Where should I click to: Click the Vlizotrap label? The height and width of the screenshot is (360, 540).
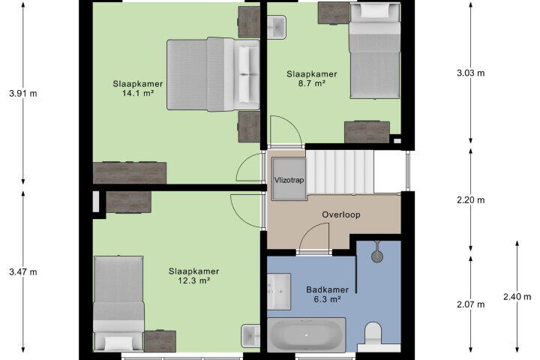pyautogui.click(x=289, y=180)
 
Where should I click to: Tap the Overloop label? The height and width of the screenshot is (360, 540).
pyautogui.click(x=341, y=214)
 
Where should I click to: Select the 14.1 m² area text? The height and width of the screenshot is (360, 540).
pyautogui.click(x=138, y=93)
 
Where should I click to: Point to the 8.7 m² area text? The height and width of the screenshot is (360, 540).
pyautogui.click(x=312, y=83)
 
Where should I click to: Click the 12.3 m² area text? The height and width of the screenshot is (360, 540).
pyautogui.click(x=194, y=280)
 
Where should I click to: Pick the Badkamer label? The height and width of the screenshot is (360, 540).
pyautogui.click(x=327, y=289)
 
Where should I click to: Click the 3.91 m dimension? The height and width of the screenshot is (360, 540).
pyautogui.click(x=23, y=93)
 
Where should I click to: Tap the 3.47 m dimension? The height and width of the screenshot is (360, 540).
pyautogui.click(x=23, y=271)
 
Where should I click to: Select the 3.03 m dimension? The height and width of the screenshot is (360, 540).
pyautogui.click(x=471, y=73)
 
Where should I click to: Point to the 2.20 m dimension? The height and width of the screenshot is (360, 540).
pyautogui.click(x=471, y=199)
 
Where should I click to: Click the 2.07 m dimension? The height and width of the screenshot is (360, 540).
pyautogui.click(x=471, y=304)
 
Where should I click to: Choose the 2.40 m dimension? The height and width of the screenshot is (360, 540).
pyautogui.click(x=517, y=296)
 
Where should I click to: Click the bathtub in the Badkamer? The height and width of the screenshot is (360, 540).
pyautogui.click(x=307, y=334)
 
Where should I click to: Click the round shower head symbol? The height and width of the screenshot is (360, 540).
pyautogui.click(x=377, y=256)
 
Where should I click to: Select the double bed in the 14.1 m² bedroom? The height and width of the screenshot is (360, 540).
pyautogui.click(x=213, y=74)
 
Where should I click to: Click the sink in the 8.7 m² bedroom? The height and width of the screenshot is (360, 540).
pyautogui.click(x=277, y=27)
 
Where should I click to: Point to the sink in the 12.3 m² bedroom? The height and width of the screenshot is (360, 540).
pyautogui.click(x=250, y=336)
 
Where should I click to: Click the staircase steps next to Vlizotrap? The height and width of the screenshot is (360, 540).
pyautogui.click(x=340, y=172)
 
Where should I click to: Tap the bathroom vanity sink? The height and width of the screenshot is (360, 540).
pyautogui.click(x=279, y=292)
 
